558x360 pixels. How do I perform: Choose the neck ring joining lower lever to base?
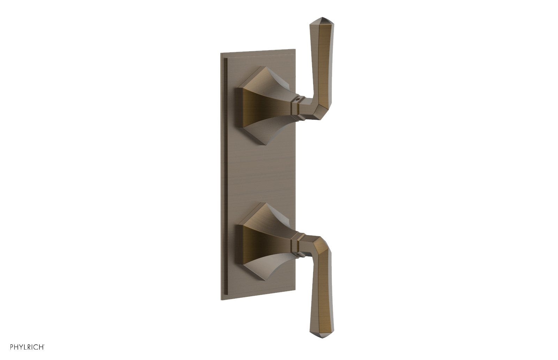[297, 242]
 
